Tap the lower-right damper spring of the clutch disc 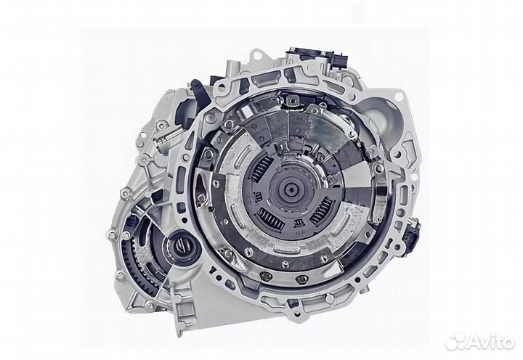click(x=320, y=211)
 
